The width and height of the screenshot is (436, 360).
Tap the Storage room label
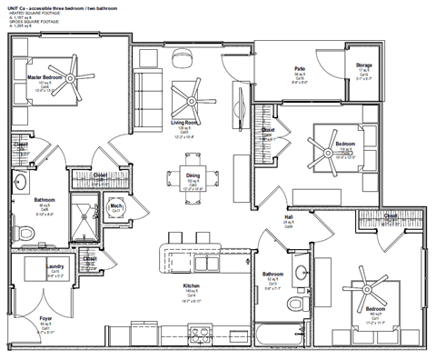point(363,66)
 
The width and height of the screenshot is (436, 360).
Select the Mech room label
point(116,207)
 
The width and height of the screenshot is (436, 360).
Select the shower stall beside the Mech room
point(87,209)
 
